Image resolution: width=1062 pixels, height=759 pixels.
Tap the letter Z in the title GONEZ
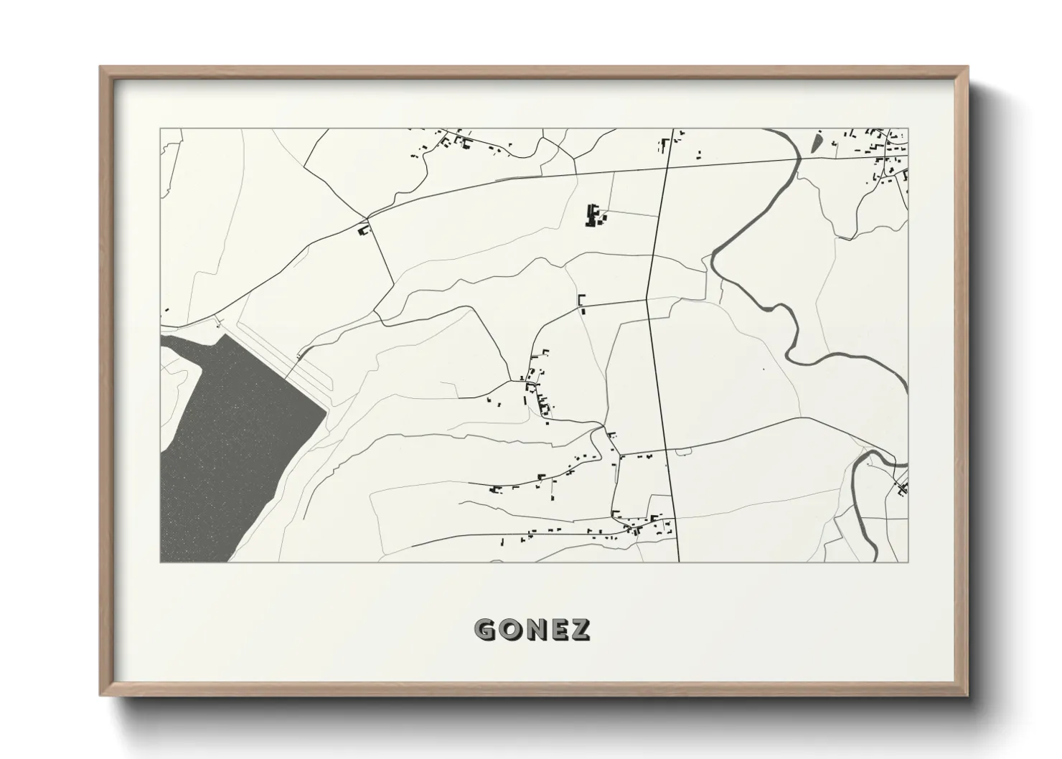click(x=580, y=629)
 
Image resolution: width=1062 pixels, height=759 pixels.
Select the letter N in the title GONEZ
click(x=533, y=629)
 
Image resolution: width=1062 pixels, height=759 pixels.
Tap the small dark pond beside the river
click(x=817, y=142)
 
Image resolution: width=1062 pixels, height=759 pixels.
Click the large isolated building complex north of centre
click(x=593, y=215)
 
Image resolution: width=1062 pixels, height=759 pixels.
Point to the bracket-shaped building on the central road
click(x=581, y=301)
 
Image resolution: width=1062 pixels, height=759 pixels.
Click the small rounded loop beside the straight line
click(x=682, y=451)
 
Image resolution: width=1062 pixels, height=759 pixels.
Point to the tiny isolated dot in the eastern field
click(x=763, y=369)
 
